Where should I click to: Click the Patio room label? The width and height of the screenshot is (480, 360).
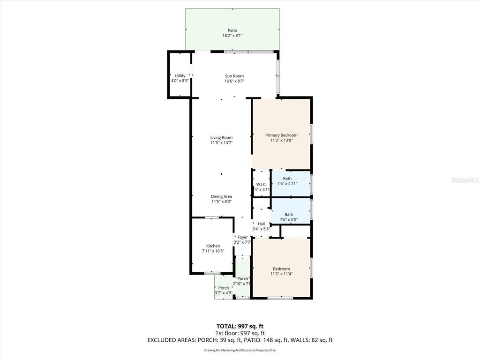click(x=232, y=30)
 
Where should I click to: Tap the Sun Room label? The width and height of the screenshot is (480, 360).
click(x=234, y=76)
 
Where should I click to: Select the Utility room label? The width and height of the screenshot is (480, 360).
click(x=180, y=75)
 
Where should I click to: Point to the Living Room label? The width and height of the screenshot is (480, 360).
click(x=221, y=137)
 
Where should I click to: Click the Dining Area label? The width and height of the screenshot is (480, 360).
click(x=221, y=196)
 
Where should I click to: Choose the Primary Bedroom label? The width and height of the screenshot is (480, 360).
click(x=281, y=135)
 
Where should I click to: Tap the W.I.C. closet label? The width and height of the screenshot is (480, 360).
click(x=262, y=184)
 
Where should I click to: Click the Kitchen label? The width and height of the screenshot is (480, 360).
click(x=213, y=246)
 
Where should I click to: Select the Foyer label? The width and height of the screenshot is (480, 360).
click(x=242, y=237)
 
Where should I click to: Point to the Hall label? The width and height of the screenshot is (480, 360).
click(x=261, y=224)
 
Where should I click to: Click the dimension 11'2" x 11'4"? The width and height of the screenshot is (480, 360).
click(x=281, y=274)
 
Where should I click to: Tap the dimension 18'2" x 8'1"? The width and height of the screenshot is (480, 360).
click(x=232, y=36)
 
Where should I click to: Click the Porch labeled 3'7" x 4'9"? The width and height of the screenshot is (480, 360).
click(x=224, y=288)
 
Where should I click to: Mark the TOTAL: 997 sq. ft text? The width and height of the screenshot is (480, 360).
click(x=240, y=326)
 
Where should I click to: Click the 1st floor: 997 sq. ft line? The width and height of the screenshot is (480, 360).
click(x=240, y=333)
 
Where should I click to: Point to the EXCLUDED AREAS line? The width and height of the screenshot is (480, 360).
click(x=240, y=340)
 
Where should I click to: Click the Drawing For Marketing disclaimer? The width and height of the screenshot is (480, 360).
click(x=240, y=350)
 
